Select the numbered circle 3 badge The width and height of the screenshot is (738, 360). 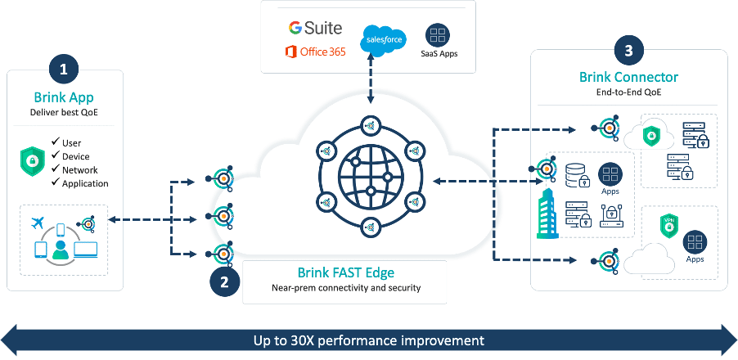628,51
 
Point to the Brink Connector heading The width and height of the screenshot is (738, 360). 628,78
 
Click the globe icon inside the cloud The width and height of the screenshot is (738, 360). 371,175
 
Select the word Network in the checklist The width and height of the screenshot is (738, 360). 80,169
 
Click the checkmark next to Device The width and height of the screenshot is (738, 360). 55,156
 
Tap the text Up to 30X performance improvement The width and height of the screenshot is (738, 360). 368,340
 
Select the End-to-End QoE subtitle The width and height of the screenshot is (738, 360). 628,92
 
